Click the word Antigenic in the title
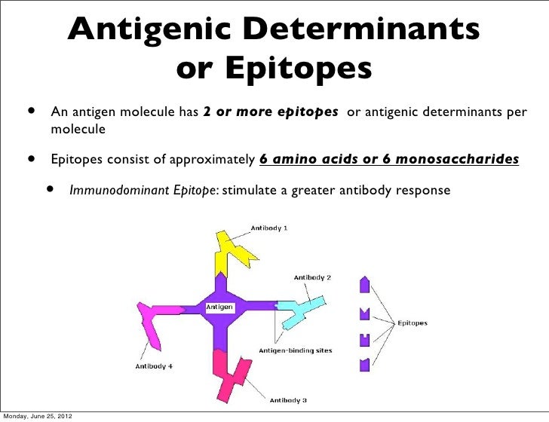[143, 30]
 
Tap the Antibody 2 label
[312, 277]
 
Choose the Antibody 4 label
[155, 366]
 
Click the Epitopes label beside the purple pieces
[413, 323]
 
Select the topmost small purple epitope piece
[366, 285]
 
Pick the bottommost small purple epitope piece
[366, 364]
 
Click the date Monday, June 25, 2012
[36, 415]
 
